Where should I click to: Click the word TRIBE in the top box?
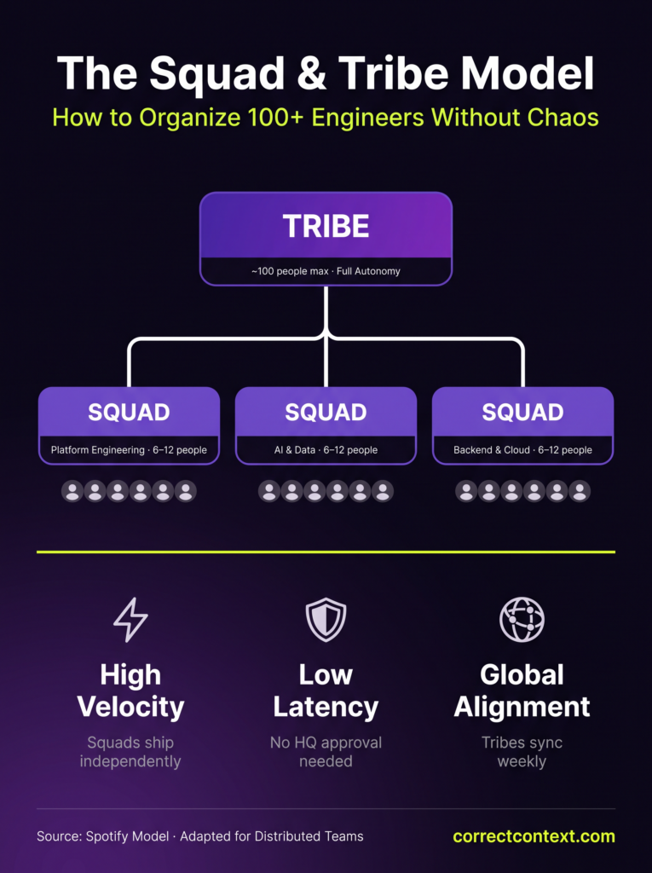click(326, 226)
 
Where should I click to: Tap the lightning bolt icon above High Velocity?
click(131, 619)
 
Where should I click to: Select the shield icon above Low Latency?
click(326, 620)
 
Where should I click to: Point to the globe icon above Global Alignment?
click(522, 619)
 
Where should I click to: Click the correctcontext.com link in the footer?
click(534, 836)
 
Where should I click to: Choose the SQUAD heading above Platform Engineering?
click(129, 413)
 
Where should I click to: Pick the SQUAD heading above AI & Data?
click(326, 413)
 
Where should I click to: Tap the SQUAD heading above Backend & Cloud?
click(522, 413)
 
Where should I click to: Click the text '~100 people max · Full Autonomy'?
click(326, 271)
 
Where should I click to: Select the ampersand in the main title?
click(312, 73)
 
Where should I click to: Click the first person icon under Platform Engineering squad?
click(72, 491)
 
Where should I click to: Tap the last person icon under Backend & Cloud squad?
click(579, 491)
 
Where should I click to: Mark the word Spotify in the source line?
click(147, 837)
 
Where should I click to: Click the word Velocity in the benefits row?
click(131, 707)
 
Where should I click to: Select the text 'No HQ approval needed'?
click(326, 752)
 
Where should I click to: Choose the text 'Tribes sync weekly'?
click(522, 752)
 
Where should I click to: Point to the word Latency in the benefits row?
click(326, 707)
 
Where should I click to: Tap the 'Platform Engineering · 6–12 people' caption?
click(129, 450)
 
